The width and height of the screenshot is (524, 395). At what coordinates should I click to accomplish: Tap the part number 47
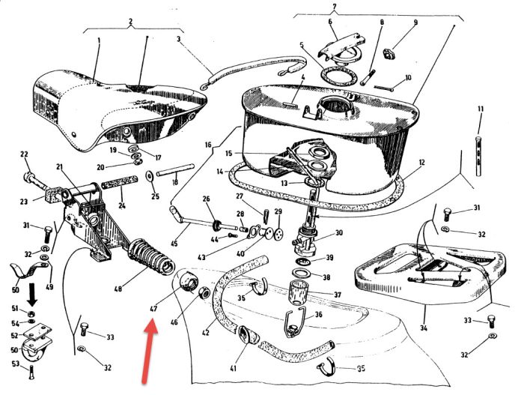pyautogui.click(x=153, y=307)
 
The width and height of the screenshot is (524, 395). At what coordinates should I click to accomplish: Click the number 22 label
pyautogui.click(x=24, y=155)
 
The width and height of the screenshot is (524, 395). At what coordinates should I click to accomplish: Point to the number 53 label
pyautogui.click(x=14, y=365)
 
